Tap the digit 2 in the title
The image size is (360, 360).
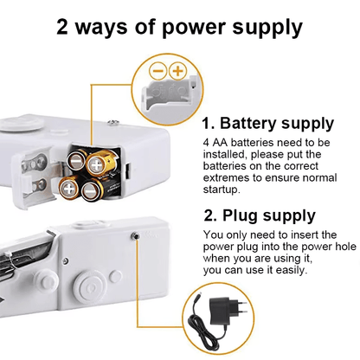[63, 26]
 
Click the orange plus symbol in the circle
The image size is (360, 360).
[178, 70]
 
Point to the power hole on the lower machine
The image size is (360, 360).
[134, 235]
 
